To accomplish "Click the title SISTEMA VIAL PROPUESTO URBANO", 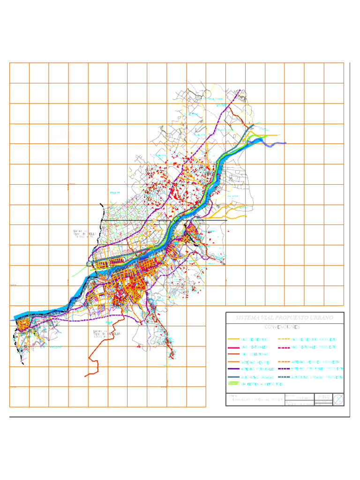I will coord(286,318).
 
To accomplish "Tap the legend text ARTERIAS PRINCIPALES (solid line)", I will coord(257,369).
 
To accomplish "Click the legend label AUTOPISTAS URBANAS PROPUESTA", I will coord(317,377).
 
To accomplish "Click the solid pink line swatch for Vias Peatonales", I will coord(233,348).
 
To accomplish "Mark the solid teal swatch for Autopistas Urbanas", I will coord(233,377).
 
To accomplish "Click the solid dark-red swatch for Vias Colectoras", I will coord(233,354).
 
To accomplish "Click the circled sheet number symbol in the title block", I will coord(338,399).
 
